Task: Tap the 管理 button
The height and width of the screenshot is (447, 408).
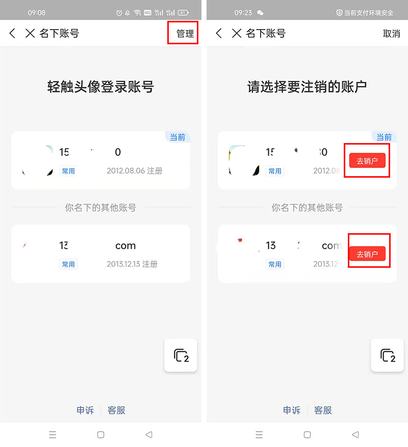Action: click(185, 34)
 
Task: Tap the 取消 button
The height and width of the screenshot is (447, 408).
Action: click(391, 34)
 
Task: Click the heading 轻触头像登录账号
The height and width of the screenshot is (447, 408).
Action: click(100, 87)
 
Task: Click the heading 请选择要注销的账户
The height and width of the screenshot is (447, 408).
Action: click(307, 87)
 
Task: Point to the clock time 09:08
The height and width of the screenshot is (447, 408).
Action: click(37, 13)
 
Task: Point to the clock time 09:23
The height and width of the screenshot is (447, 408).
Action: click(243, 13)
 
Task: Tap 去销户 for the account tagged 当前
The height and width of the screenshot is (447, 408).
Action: click(367, 161)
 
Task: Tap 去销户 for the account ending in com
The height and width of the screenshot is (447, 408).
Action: click(367, 254)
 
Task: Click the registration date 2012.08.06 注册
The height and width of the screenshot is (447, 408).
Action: click(135, 171)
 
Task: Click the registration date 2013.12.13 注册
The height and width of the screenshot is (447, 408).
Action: click(132, 264)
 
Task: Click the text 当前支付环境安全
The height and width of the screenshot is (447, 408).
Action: click(369, 13)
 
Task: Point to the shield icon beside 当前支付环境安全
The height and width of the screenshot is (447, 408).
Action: click(340, 13)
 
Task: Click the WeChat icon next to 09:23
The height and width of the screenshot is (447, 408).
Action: click(261, 13)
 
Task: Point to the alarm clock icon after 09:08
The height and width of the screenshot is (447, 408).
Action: click(119, 13)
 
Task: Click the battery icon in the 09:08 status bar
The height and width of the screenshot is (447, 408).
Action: click(183, 13)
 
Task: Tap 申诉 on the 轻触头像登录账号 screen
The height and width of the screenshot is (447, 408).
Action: click(85, 410)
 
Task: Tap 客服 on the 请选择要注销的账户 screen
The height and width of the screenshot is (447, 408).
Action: click(323, 410)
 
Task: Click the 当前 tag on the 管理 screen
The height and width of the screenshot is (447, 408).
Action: click(177, 137)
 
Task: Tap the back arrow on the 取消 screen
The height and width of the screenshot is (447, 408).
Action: click(219, 34)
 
